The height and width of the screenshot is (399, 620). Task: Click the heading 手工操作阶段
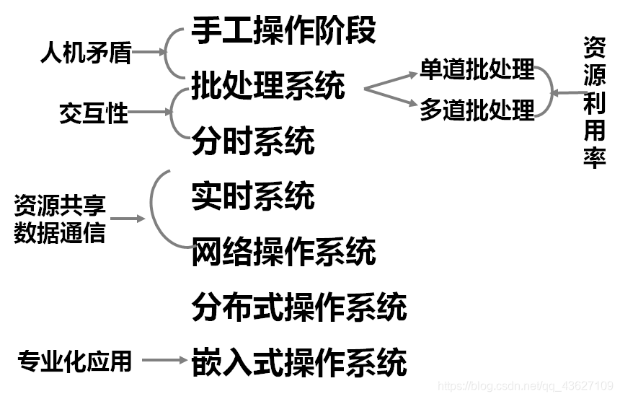[283, 31]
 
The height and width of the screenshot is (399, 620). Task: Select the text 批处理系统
[268, 86]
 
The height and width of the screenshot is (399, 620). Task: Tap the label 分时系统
[253, 140]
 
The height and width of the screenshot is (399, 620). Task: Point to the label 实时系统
[253, 196]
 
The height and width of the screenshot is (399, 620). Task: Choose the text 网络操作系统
[283, 252]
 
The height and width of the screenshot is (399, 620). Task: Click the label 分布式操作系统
[299, 307]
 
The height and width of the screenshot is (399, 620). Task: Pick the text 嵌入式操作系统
[299, 361]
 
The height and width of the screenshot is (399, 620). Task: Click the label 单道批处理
[477, 69]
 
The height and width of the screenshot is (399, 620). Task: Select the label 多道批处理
[477, 110]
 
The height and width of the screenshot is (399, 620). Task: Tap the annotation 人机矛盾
[86, 53]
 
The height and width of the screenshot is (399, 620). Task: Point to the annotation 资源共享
[60, 206]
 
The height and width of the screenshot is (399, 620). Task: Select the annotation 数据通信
[60, 233]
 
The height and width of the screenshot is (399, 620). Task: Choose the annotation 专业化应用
[75, 360]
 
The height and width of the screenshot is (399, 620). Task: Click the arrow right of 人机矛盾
[149, 53]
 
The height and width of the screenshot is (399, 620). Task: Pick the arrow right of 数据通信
[128, 219]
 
